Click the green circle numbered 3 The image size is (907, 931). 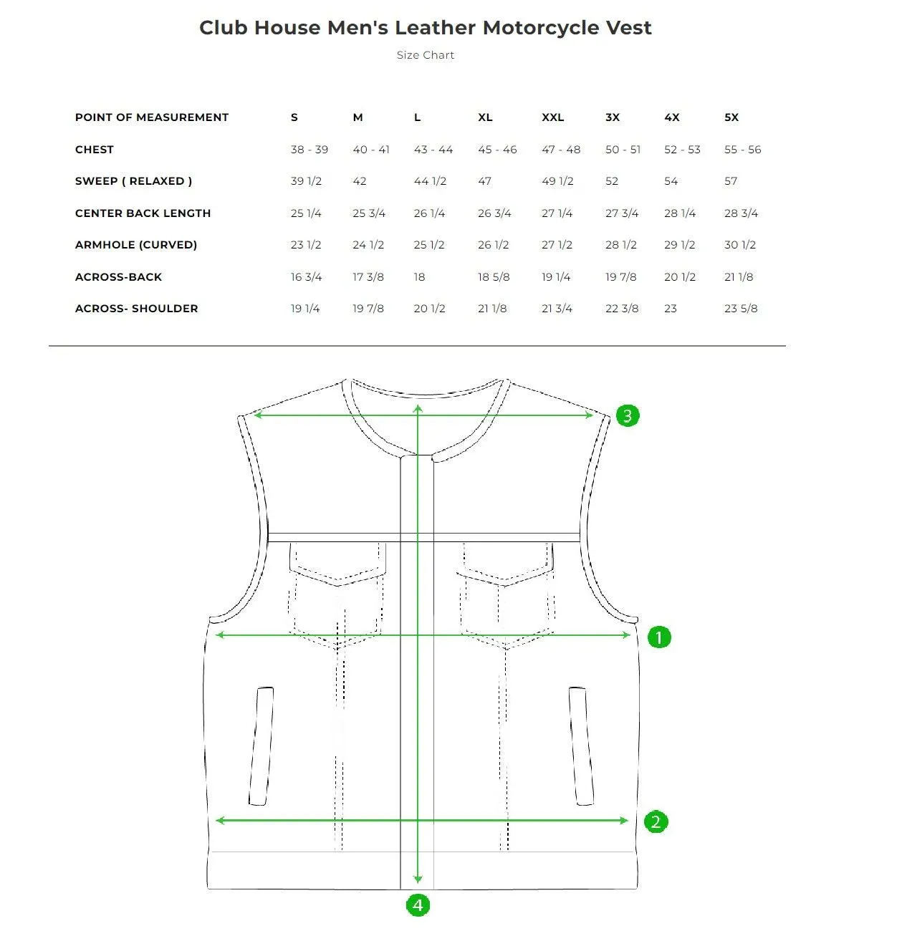(x=628, y=415)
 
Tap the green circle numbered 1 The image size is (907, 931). (x=659, y=637)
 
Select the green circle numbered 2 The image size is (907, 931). (x=656, y=821)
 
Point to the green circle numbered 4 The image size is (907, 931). (x=418, y=905)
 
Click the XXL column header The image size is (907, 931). (x=552, y=117)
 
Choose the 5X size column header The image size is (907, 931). (x=731, y=117)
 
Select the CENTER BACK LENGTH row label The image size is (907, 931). (x=143, y=213)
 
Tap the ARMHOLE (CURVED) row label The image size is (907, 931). (x=135, y=245)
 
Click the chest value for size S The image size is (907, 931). (x=309, y=150)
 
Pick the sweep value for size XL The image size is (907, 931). (x=484, y=181)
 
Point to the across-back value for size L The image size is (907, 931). (x=419, y=277)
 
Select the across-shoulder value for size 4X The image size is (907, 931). (x=670, y=309)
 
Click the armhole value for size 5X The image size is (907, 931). (x=739, y=245)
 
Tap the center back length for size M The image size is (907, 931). (x=369, y=213)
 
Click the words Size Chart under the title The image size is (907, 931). (x=425, y=55)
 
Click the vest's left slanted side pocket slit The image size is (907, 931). (x=261, y=746)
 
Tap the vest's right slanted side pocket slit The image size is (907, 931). (x=581, y=746)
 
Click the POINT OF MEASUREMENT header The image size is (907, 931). (x=151, y=117)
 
